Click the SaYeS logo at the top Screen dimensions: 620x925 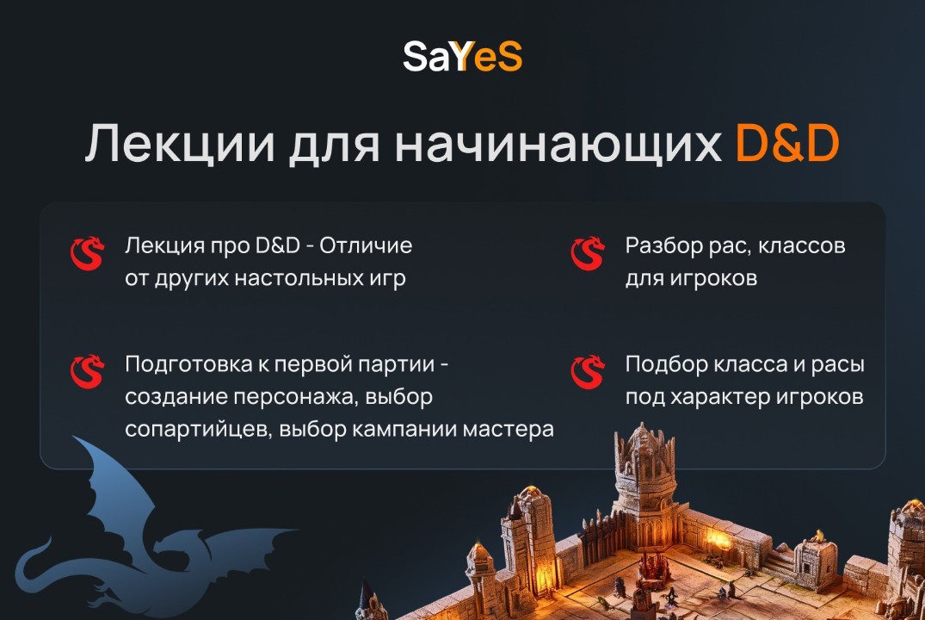pos(462,58)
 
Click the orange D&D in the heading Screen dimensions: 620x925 pos(787,145)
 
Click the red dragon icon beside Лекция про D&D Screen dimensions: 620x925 pos(86,254)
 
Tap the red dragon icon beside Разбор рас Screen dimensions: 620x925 pos(588,254)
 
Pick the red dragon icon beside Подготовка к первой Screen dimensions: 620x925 pos(86,372)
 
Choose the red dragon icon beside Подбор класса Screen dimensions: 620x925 pos(588,372)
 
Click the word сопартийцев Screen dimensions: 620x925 pos(199,430)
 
